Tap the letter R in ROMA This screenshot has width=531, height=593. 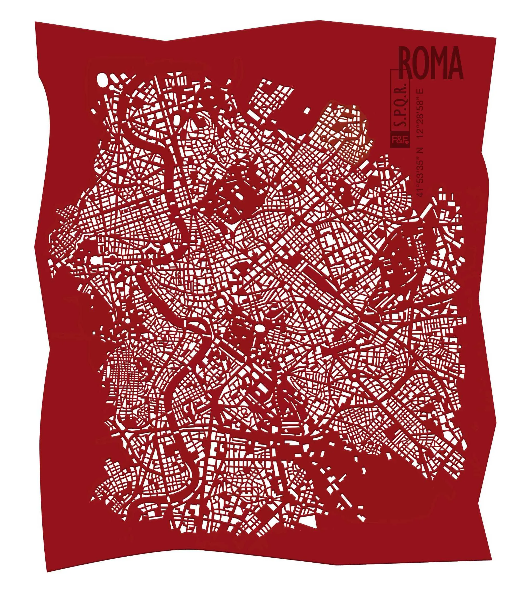(x=408, y=63)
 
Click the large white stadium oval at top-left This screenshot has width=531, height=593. (x=102, y=80)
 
